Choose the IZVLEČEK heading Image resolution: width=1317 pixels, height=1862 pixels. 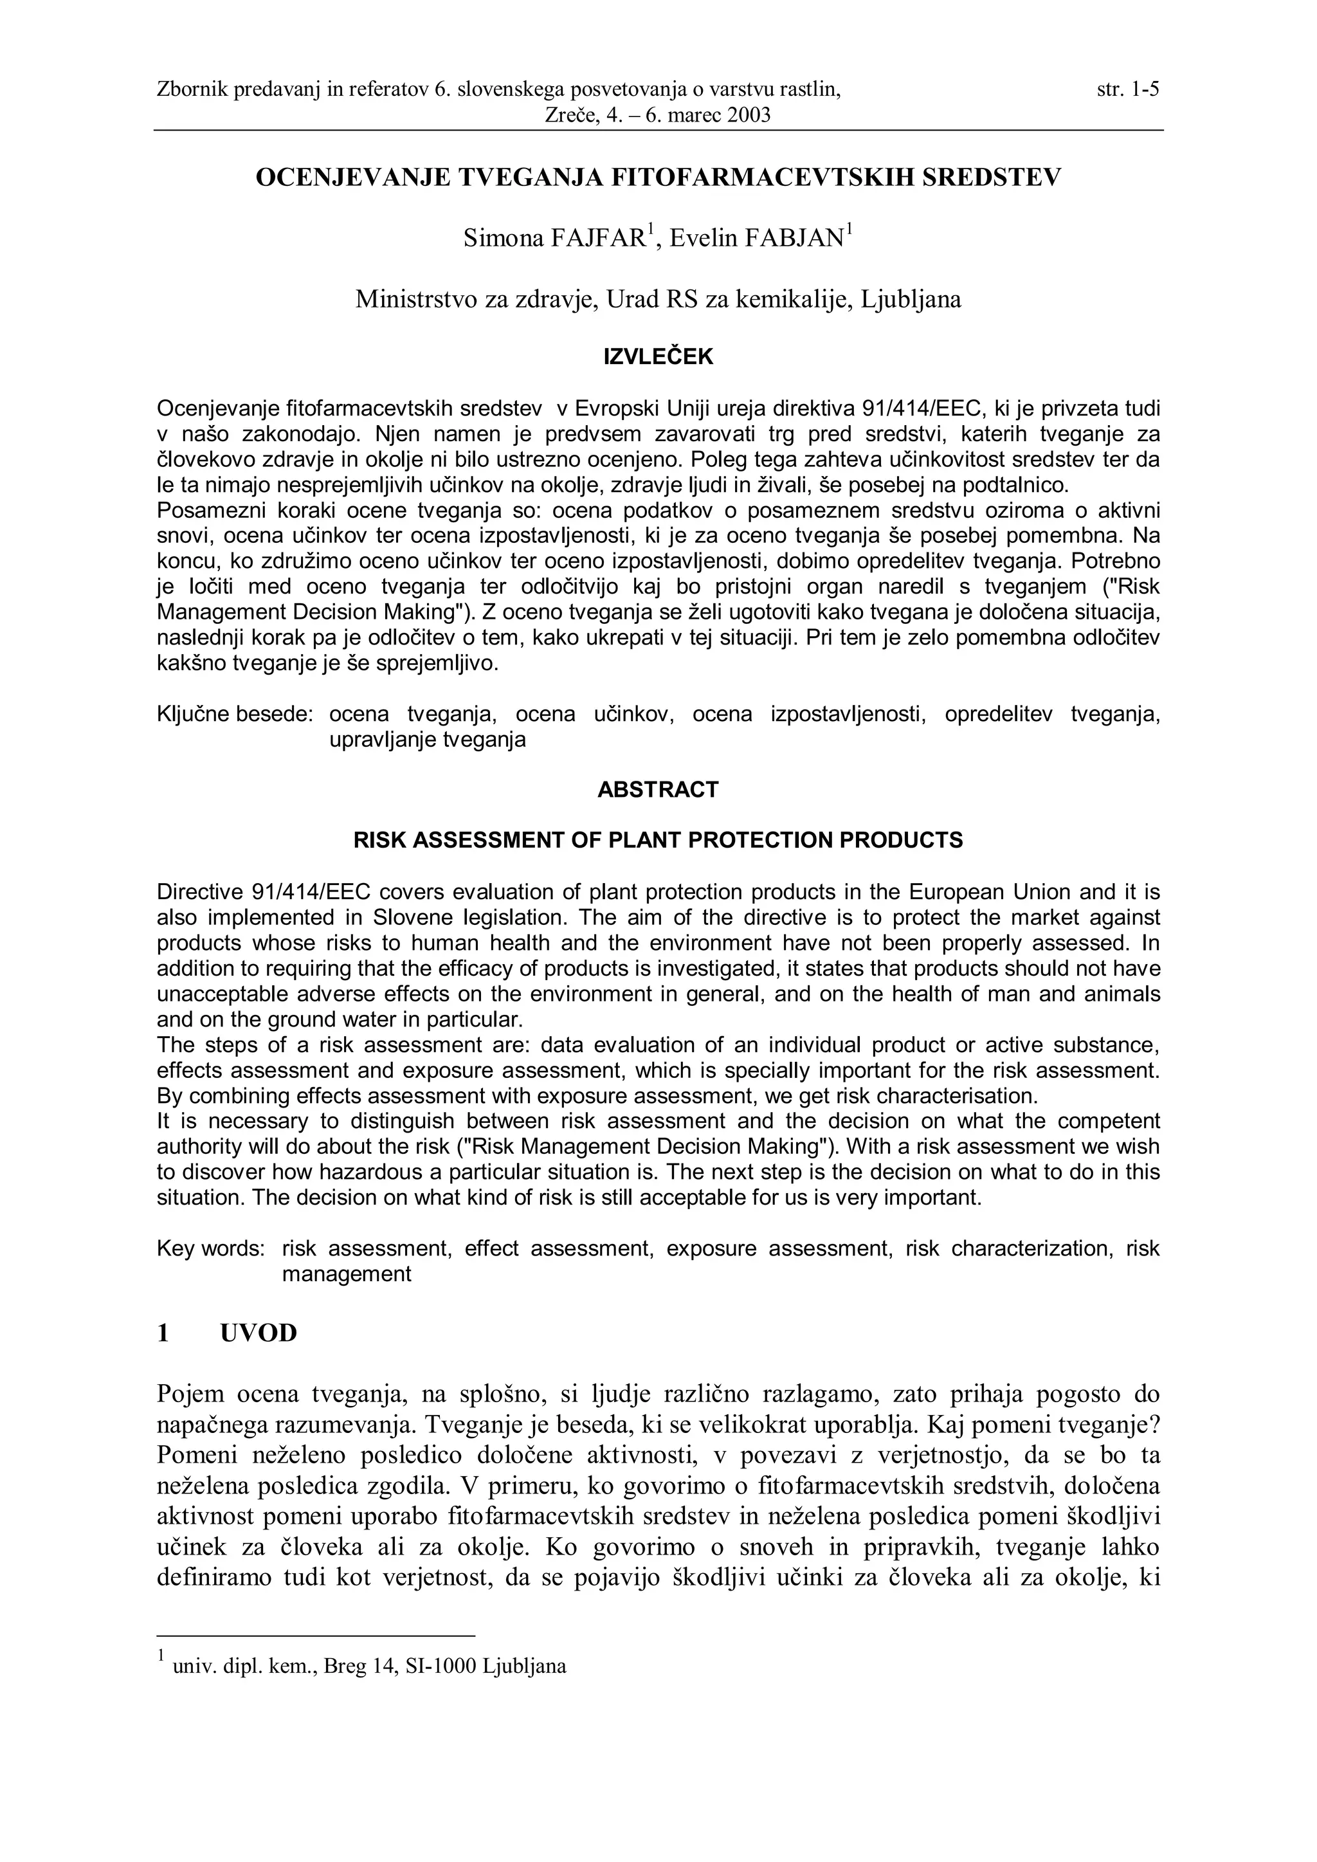click(x=658, y=357)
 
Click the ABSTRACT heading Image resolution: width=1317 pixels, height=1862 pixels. click(x=658, y=790)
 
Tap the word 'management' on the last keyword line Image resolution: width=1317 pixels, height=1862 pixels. click(x=346, y=1274)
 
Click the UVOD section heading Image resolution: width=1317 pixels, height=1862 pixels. click(x=259, y=1333)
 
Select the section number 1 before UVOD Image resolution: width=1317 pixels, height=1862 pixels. click(x=163, y=1333)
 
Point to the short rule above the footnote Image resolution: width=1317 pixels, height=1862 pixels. click(x=316, y=1636)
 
